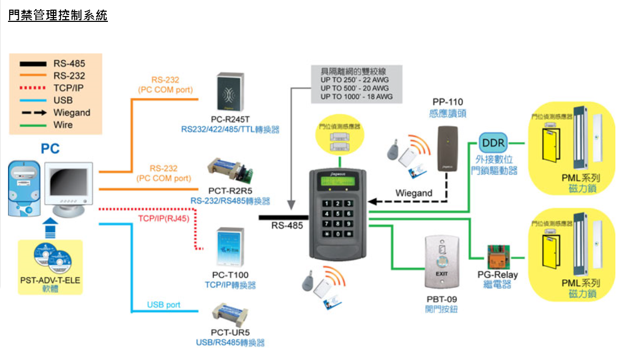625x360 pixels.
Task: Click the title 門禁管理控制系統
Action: point(58,15)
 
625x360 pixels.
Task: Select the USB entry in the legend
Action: point(62,100)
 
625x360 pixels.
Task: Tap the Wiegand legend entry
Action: point(72,113)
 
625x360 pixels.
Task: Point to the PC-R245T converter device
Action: point(230,91)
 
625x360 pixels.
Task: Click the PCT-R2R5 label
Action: point(230,191)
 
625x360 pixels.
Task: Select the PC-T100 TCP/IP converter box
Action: point(230,249)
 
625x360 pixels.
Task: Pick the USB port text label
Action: point(163,305)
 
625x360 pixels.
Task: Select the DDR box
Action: point(492,143)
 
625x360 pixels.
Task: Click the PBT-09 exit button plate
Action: point(441,262)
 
